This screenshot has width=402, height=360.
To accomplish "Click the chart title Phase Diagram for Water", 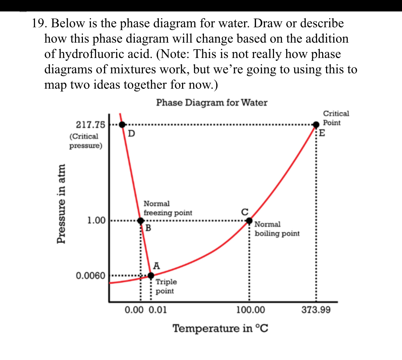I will click(x=212, y=103).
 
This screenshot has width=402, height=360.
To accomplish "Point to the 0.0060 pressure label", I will click(x=90, y=276).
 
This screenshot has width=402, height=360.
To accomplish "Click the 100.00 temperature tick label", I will click(x=250, y=309).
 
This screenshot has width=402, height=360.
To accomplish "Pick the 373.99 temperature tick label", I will click(x=316, y=309).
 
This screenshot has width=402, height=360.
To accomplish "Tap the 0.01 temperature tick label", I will click(x=158, y=309).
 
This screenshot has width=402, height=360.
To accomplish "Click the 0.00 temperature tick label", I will click(x=135, y=309).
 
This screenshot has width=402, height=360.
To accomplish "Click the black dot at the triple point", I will click(x=151, y=276).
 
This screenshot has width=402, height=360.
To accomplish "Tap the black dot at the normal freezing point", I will click(x=140, y=221).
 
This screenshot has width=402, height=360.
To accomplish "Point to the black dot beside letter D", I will click(x=122, y=124).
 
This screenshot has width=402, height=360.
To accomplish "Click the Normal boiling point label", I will click(x=277, y=229).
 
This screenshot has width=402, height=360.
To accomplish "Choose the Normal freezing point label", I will click(x=168, y=208).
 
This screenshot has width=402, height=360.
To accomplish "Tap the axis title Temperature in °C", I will click(x=220, y=328).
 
